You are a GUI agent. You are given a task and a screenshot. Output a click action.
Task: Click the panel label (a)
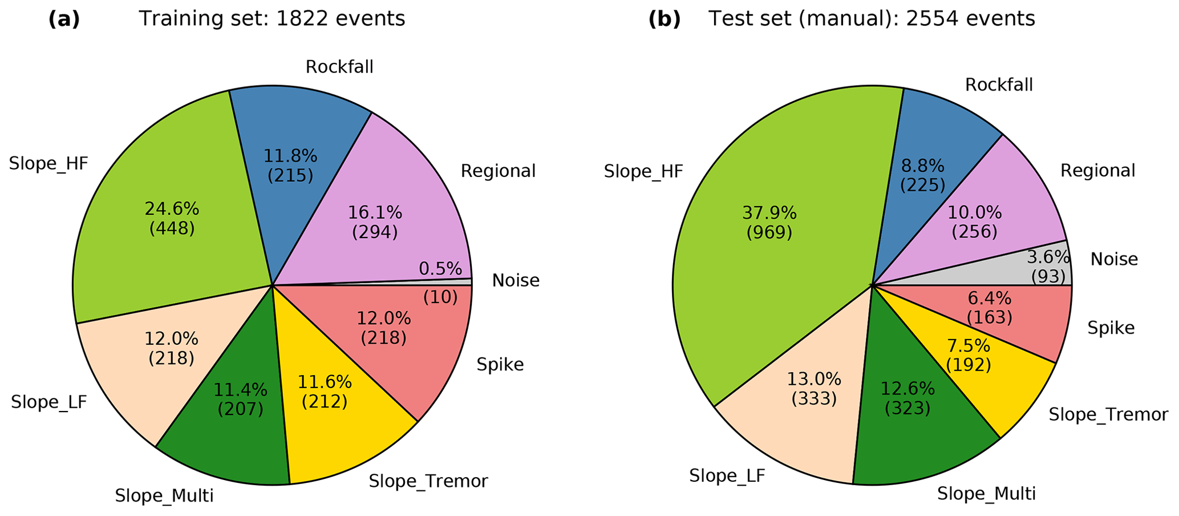64,19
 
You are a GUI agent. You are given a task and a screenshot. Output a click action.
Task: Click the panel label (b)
665,19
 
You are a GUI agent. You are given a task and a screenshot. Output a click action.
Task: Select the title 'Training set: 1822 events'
272,19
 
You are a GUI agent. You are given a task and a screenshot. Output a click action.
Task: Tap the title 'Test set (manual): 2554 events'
872,19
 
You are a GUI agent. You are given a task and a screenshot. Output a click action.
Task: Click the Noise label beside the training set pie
516,281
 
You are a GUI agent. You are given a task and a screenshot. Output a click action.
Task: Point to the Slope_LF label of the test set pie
727,475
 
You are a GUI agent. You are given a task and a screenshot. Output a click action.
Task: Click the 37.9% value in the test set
769,213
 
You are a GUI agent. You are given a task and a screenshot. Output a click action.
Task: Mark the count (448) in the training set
172,229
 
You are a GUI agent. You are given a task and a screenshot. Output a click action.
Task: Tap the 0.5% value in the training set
440,268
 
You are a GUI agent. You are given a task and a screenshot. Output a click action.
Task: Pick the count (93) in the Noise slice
1048,277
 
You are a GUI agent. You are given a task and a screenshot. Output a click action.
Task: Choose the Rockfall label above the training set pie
339,67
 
